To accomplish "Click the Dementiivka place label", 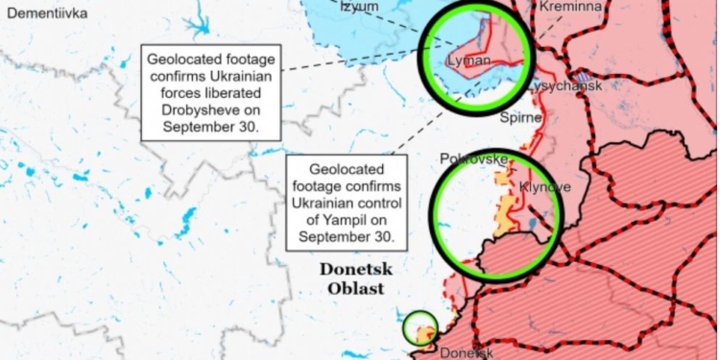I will coord(47,13).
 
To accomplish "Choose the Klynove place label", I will coord(544,186).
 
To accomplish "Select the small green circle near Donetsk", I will coord(420,328).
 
